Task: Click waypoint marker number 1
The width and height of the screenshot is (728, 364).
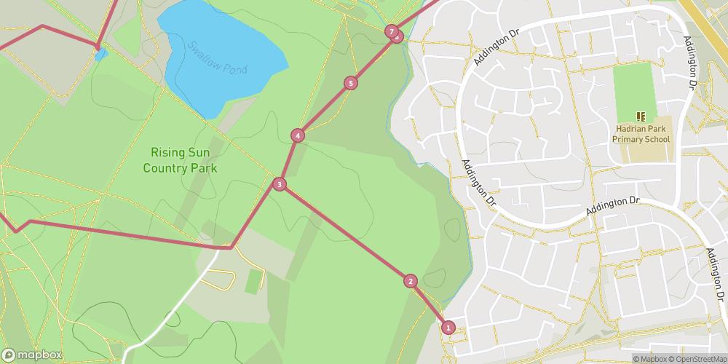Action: [x=448, y=328]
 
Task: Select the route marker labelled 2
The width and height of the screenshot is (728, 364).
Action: [x=411, y=281]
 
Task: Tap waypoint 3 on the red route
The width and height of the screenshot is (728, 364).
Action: [x=280, y=185]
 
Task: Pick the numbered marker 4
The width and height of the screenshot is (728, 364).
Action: [x=298, y=135]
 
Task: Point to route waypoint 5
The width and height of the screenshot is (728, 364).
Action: [x=351, y=83]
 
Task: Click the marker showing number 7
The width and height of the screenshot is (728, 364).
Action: [x=392, y=31]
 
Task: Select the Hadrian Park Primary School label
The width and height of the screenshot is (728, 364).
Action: [x=641, y=132]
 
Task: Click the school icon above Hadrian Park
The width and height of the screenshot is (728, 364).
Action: [x=641, y=116]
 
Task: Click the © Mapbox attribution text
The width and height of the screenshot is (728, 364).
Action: [x=650, y=358]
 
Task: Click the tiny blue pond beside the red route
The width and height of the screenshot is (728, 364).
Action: [x=100, y=55]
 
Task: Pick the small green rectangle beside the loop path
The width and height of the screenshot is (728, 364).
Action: [x=253, y=281]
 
